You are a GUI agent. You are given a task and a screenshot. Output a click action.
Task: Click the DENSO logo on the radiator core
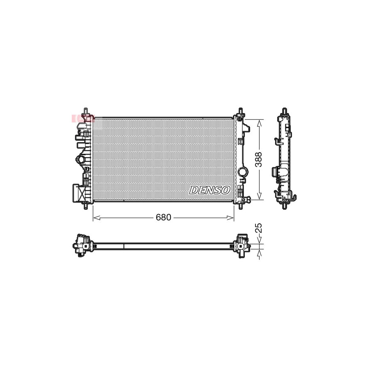tap(210, 190)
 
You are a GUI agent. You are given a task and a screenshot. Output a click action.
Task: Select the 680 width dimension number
tap(163, 218)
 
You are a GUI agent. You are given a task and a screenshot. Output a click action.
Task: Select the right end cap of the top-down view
tap(241, 245)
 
